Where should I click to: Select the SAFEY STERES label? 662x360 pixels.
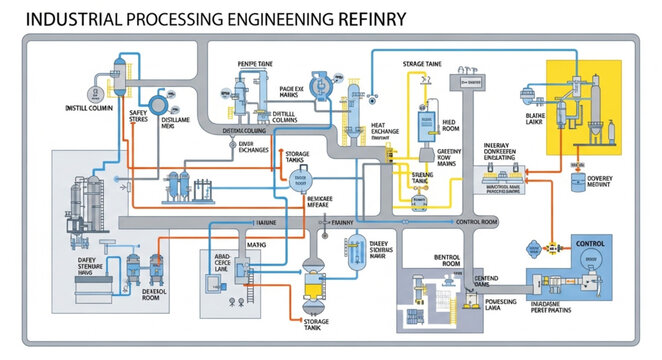point(138,117)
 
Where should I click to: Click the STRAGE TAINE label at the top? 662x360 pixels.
point(422,64)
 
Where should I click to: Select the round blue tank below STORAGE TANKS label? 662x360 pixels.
point(298,181)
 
